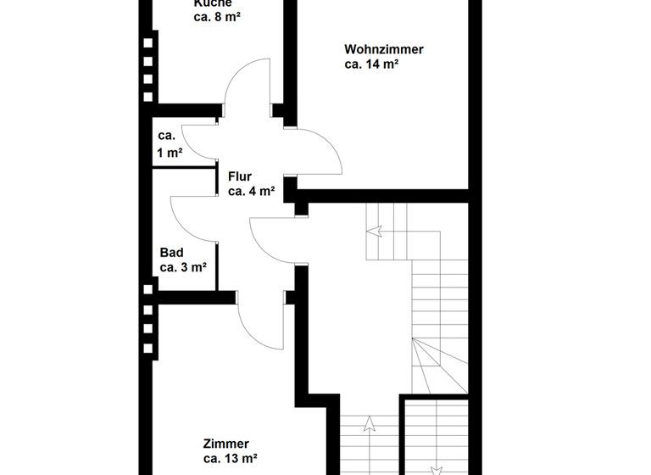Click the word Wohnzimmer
click(384, 49)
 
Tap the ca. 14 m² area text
click(371, 64)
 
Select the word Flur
click(240, 177)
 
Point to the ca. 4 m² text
click(251, 192)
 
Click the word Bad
click(172, 253)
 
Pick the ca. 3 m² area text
click(183, 267)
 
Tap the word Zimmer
click(226, 444)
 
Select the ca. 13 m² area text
click(230, 459)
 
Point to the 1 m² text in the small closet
click(170, 153)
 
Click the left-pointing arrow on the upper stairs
click(375, 230)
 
